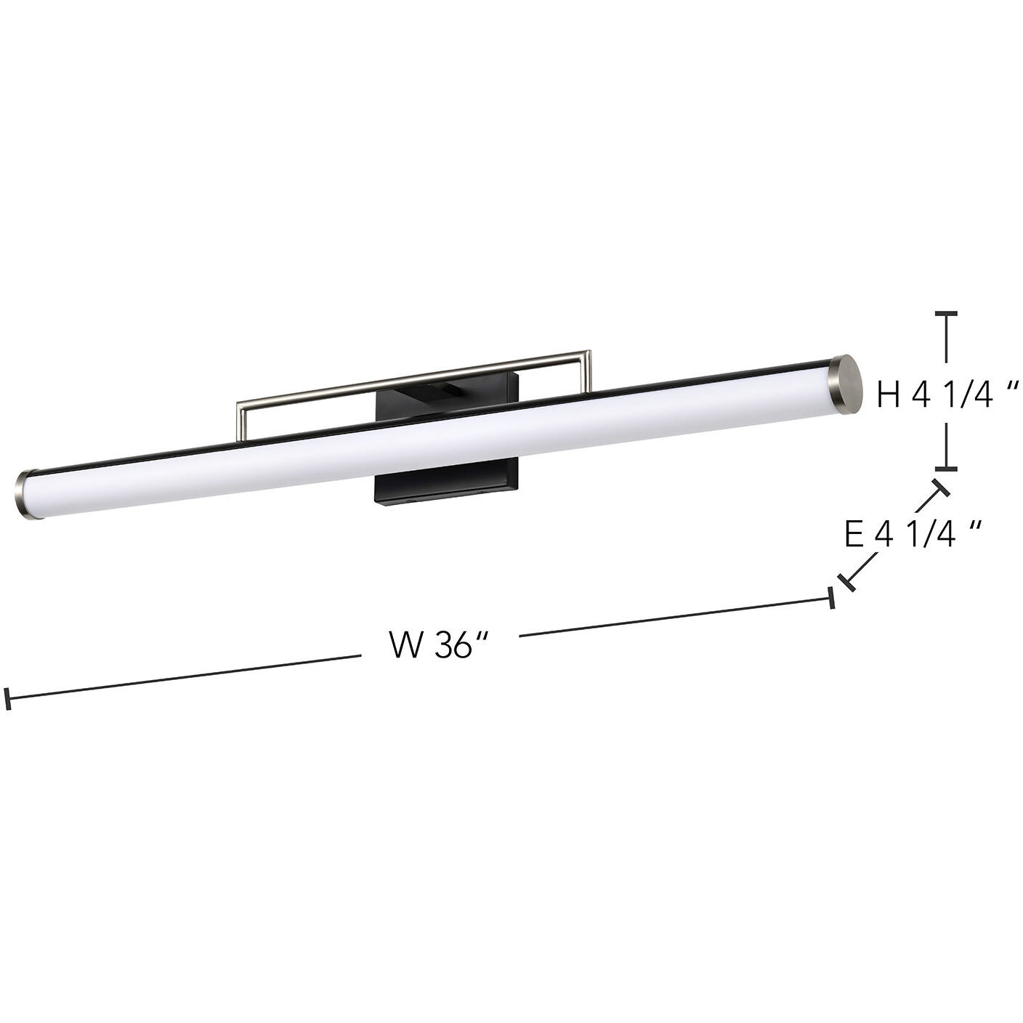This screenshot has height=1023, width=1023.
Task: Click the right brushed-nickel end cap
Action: coord(846,385)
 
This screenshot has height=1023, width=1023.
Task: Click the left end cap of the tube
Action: coord(25,495)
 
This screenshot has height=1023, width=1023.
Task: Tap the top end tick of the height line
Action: coord(945,313)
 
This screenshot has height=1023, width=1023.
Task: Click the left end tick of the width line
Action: coord(8,698)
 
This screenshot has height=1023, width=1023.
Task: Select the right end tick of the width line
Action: coord(831,599)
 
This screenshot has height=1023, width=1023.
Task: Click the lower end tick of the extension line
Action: coord(846,581)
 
